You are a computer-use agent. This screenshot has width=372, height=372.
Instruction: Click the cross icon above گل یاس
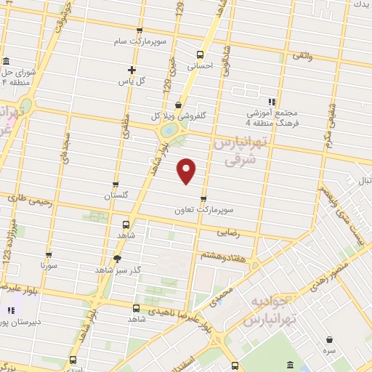click(x=132, y=70)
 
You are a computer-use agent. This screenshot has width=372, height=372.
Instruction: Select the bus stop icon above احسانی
click(x=201, y=54)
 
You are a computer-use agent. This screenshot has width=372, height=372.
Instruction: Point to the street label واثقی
click(x=302, y=56)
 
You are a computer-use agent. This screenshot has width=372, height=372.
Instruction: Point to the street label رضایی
click(x=228, y=233)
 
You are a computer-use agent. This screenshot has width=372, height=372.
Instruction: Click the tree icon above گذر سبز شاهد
click(x=117, y=258)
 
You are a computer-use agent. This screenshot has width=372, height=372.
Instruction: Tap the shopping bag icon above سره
click(x=329, y=339)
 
